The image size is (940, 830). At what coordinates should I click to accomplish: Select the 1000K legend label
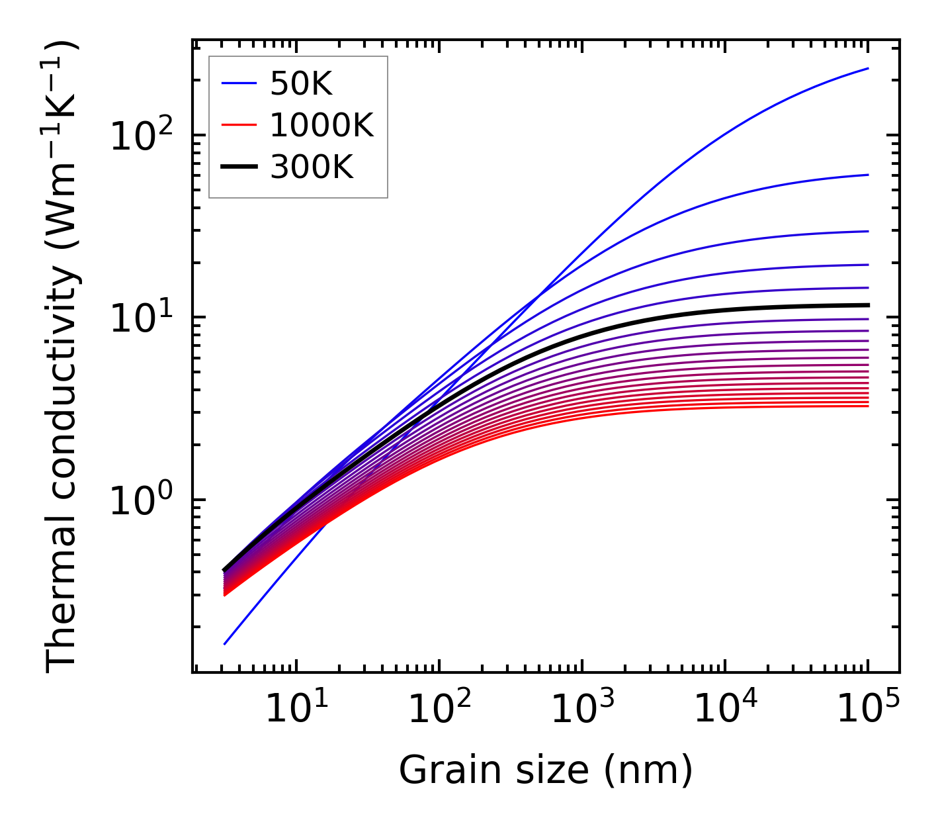pos(321,125)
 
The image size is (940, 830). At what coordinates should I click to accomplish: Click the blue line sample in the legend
pos(238,83)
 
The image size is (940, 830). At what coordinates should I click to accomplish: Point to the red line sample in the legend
pos(238,125)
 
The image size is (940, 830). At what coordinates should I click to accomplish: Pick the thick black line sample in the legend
pos(238,167)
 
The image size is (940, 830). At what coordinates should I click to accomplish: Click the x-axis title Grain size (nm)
pos(546,770)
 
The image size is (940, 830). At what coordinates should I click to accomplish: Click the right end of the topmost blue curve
pos(868,68)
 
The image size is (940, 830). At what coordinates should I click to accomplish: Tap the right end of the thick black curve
pos(868,305)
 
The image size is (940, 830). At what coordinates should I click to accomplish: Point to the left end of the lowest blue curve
pos(225,644)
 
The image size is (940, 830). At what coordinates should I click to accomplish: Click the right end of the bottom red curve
pos(868,406)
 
